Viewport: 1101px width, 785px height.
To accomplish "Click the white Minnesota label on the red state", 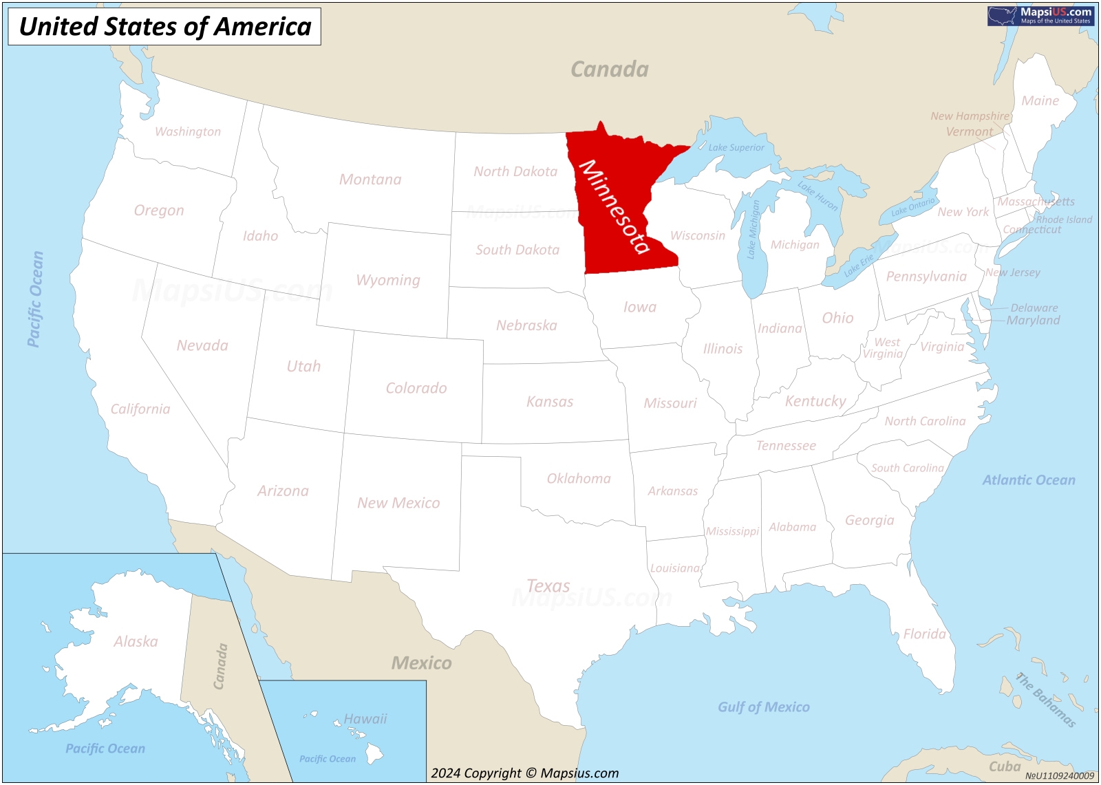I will (614, 206).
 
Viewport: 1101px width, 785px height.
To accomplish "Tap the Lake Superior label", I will (736, 147).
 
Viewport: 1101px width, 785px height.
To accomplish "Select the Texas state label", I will (548, 586).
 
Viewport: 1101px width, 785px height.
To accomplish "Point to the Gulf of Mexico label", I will (764, 707).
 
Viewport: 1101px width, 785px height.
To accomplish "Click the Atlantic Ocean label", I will (1028, 480).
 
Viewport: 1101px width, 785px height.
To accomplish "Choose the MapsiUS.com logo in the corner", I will (1040, 15).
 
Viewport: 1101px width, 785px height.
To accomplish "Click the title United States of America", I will (164, 27).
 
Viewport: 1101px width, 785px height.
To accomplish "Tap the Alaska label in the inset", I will (136, 641).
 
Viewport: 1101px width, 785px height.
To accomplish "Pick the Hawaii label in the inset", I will (365, 719).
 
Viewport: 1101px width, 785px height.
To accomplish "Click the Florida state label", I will (924, 634).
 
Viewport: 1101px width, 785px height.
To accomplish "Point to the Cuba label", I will (1004, 766).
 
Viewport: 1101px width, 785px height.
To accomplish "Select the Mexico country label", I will (421, 663).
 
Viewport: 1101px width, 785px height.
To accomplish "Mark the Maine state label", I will (1040, 101).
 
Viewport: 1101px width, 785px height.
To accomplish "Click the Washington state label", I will (188, 131).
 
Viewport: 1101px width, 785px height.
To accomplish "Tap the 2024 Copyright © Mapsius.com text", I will (524, 773).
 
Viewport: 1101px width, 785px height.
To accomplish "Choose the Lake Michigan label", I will (753, 229).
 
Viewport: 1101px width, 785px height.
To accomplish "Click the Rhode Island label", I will (1064, 219).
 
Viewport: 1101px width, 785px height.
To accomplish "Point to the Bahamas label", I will (1046, 700).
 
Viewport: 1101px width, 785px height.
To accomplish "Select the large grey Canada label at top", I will (610, 69).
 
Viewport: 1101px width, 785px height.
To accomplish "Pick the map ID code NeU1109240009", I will (1059, 776).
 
